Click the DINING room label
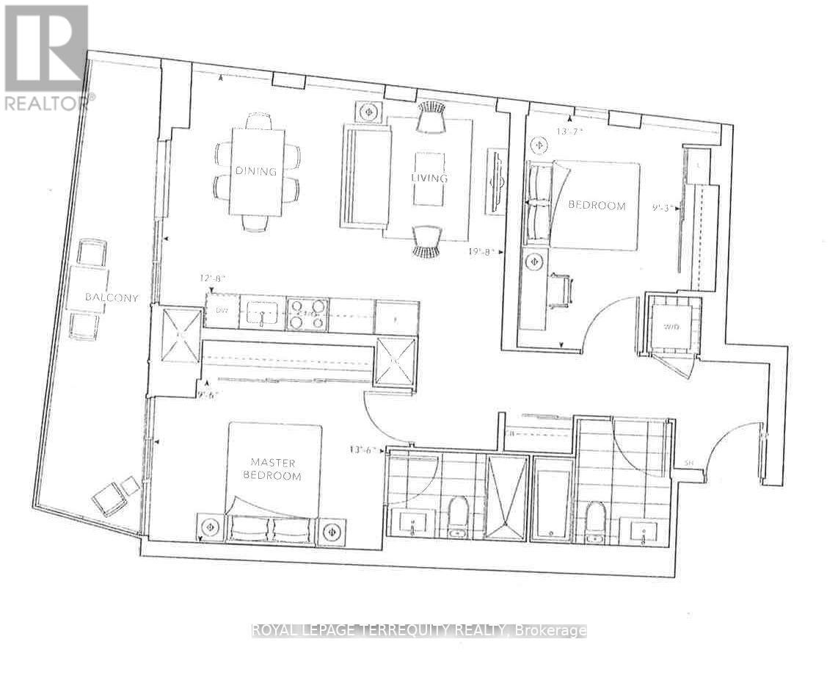coord(255,171)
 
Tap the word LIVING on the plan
coord(429,178)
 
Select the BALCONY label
coord(112,297)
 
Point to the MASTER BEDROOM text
coord(274,469)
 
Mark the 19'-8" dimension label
coord(484,251)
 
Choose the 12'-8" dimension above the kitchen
coord(213,279)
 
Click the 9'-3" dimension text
coord(664,208)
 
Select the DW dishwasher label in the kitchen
coord(222,311)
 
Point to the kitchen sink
coord(263,313)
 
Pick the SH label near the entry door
coord(688,463)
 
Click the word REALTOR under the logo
coord(48,102)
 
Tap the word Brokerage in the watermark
coord(551,630)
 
